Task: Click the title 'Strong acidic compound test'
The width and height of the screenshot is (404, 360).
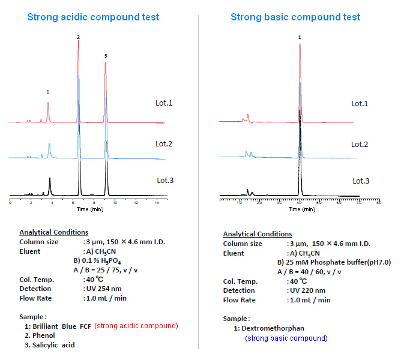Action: [93, 17]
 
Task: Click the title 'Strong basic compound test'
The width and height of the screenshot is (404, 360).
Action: [295, 17]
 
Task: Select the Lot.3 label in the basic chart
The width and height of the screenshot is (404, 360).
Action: [361, 181]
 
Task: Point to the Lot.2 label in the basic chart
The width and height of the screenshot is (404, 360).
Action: [360, 145]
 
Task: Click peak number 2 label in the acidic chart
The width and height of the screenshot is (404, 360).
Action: [78, 37]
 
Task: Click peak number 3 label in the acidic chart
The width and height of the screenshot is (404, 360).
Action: [106, 56]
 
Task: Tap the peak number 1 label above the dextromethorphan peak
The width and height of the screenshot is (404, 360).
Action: [300, 37]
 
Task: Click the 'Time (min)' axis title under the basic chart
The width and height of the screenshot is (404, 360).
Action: [301, 209]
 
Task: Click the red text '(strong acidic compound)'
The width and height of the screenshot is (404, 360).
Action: [136, 326]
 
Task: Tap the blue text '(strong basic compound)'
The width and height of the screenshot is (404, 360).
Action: [286, 338]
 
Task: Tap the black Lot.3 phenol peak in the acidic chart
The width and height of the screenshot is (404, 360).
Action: [79, 174]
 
